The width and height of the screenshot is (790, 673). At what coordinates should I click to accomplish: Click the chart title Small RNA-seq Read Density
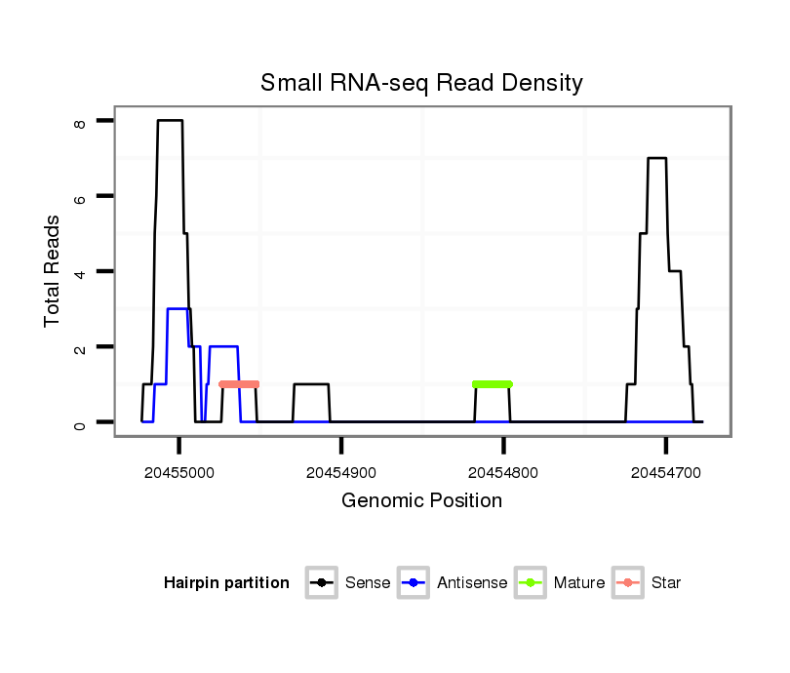click(x=421, y=83)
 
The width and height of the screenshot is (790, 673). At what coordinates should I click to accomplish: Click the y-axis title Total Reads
click(x=53, y=271)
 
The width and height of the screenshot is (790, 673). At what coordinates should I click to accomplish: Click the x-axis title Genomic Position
click(x=421, y=501)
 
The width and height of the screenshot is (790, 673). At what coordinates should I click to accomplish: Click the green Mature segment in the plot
click(x=493, y=384)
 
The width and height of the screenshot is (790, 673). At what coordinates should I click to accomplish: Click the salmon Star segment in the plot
click(x=239, y=384)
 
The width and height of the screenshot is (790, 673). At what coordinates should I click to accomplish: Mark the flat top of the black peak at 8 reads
click(x=170, y=121)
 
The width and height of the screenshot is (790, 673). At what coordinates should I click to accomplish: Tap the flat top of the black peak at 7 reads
click(x=657, y=158)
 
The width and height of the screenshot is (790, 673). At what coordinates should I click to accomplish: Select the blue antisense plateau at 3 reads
click(x=178, y=309)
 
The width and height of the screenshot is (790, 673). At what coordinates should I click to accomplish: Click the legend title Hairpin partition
click(x=226, y=583)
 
